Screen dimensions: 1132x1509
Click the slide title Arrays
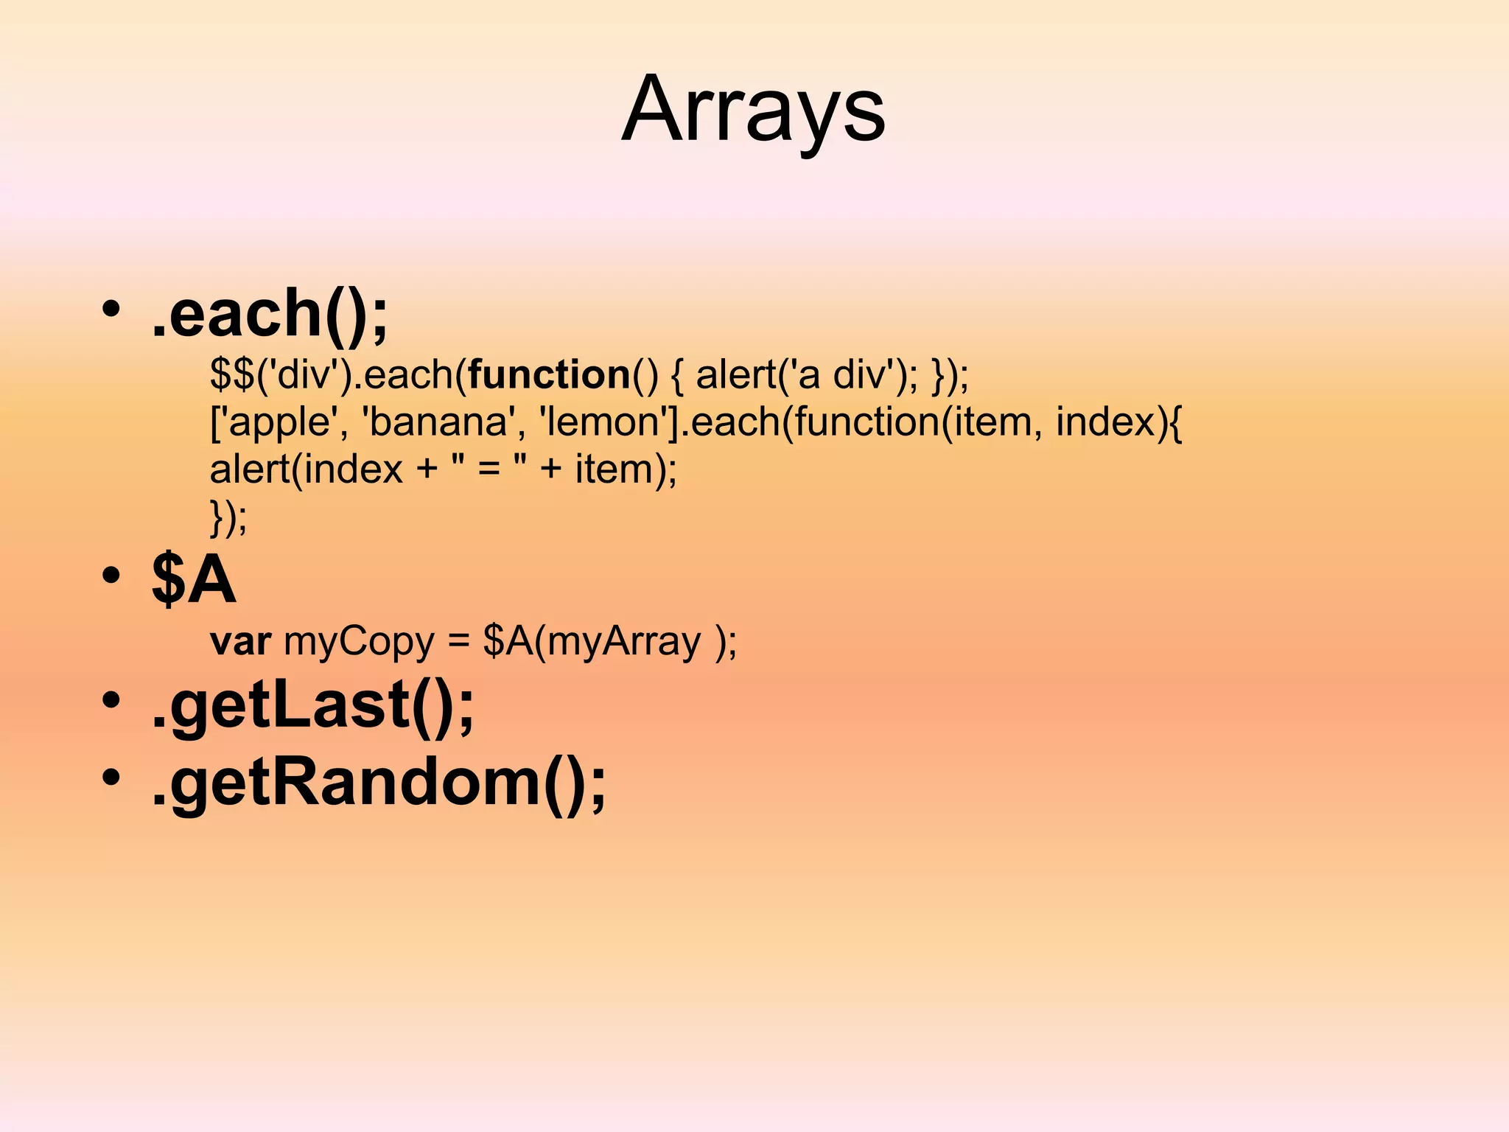pos(753,111)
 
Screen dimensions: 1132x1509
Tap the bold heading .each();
pos(270,314)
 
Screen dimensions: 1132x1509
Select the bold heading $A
pos(194,580)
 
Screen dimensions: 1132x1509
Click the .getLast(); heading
pos(313,705)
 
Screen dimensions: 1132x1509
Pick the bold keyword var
pos(241,642)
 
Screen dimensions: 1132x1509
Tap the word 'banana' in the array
pos(438,422)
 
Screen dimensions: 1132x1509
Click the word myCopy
pos(359,642)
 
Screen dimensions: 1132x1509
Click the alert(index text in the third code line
pos(307,469)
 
